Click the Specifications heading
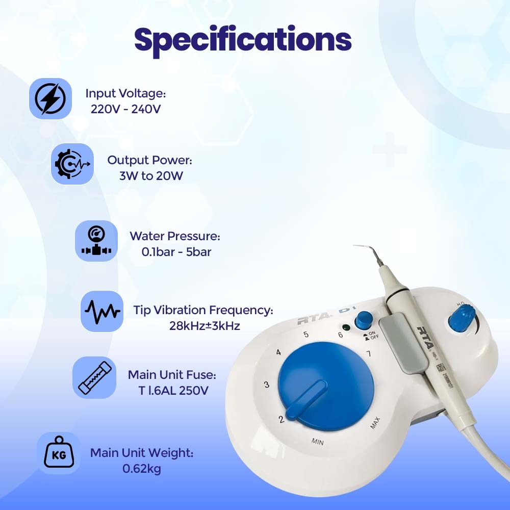243,40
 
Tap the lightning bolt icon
50,99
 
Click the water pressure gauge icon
96,241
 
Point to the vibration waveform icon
102,311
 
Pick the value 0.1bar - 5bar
176,252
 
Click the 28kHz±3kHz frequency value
205,326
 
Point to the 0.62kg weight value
142,469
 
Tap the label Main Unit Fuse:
172,375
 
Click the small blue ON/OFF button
364,320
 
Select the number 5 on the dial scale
306,335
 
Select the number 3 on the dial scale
267,385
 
